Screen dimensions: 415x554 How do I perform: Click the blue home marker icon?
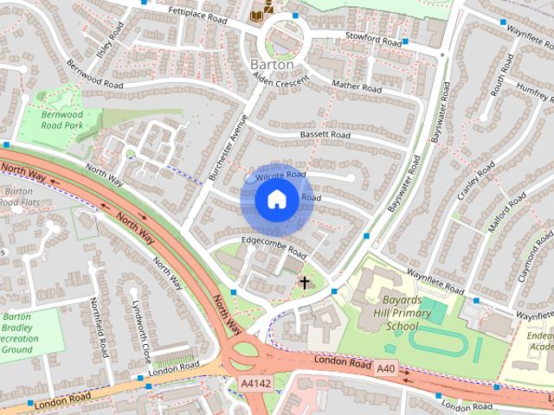tap(276, 199)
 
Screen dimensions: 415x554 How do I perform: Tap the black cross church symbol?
tap(304, 282)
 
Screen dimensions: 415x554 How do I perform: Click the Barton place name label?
tap(272, 65)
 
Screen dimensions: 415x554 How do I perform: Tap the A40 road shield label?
tap(386, 368)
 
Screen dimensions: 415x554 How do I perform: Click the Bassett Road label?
tap(325, 136)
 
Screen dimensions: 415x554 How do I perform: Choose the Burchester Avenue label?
tap(228, 148)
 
